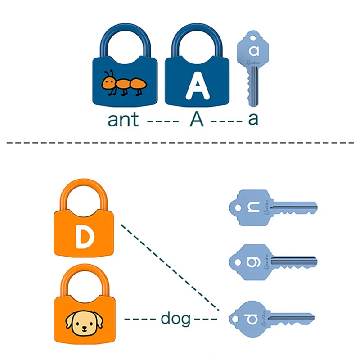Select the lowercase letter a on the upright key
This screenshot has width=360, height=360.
[254, 50]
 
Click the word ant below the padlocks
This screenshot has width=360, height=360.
[123, 120]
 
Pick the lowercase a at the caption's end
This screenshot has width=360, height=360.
[253, 120]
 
